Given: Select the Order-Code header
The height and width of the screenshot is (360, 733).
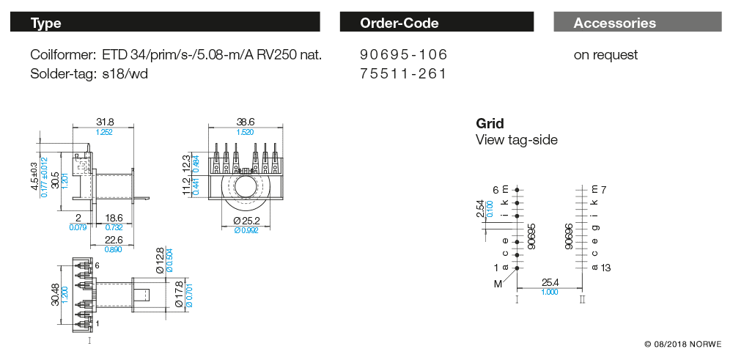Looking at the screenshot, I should [x=436, y=23].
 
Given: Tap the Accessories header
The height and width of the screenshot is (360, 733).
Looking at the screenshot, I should [x=638, y=23].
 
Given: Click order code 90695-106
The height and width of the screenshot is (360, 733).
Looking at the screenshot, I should [x=403, y=55].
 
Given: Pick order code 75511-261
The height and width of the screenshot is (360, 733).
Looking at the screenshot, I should [x=403, y=74].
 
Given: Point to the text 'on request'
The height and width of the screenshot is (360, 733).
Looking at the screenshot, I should [x=605, y=55].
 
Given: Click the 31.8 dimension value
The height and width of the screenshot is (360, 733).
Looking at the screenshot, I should [x=104, y=122].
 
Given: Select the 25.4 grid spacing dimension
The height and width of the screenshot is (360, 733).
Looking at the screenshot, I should [x=550, y=282].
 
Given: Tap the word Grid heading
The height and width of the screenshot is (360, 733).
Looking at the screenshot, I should [x=490, y=123].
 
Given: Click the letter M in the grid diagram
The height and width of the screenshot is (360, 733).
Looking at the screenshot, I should [x=498, y=283].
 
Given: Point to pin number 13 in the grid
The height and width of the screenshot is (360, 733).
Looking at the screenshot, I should [x=605, y=268].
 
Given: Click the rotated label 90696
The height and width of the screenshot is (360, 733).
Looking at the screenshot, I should [x=569, y=237].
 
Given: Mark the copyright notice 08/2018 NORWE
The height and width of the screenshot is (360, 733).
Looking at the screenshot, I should [x=682, y=343].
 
